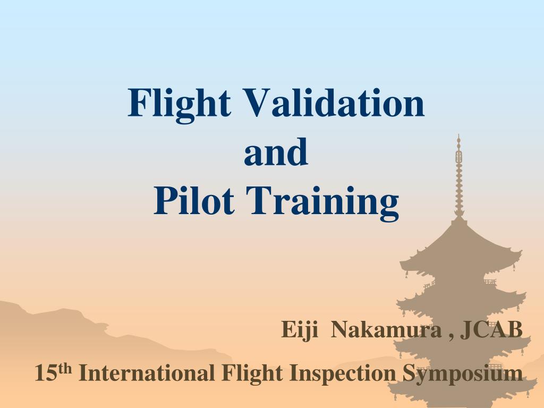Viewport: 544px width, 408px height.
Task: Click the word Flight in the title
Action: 179,105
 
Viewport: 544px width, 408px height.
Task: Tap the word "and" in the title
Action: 276,151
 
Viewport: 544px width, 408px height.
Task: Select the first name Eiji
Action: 300,330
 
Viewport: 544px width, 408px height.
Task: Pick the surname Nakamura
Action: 387,329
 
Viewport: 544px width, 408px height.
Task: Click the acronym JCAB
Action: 491,329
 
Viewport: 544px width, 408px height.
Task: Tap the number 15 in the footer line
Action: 46,373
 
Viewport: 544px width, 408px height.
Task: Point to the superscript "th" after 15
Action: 65,369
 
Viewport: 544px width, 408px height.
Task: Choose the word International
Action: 147,373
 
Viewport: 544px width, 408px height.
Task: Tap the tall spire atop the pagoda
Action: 459,176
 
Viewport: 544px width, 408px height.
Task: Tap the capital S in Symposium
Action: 410,373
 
